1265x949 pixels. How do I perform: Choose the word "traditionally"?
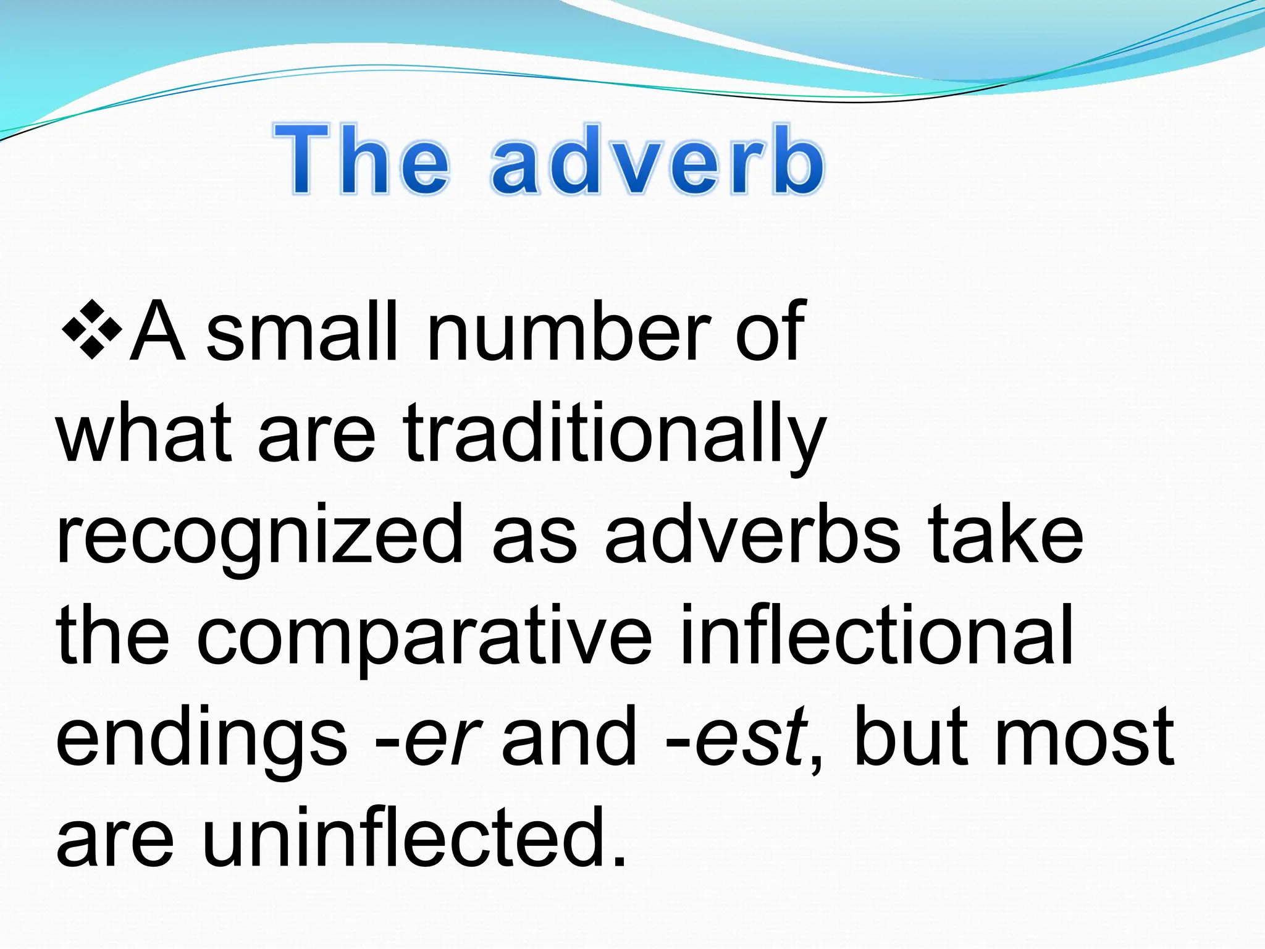(x=615, y=436)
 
